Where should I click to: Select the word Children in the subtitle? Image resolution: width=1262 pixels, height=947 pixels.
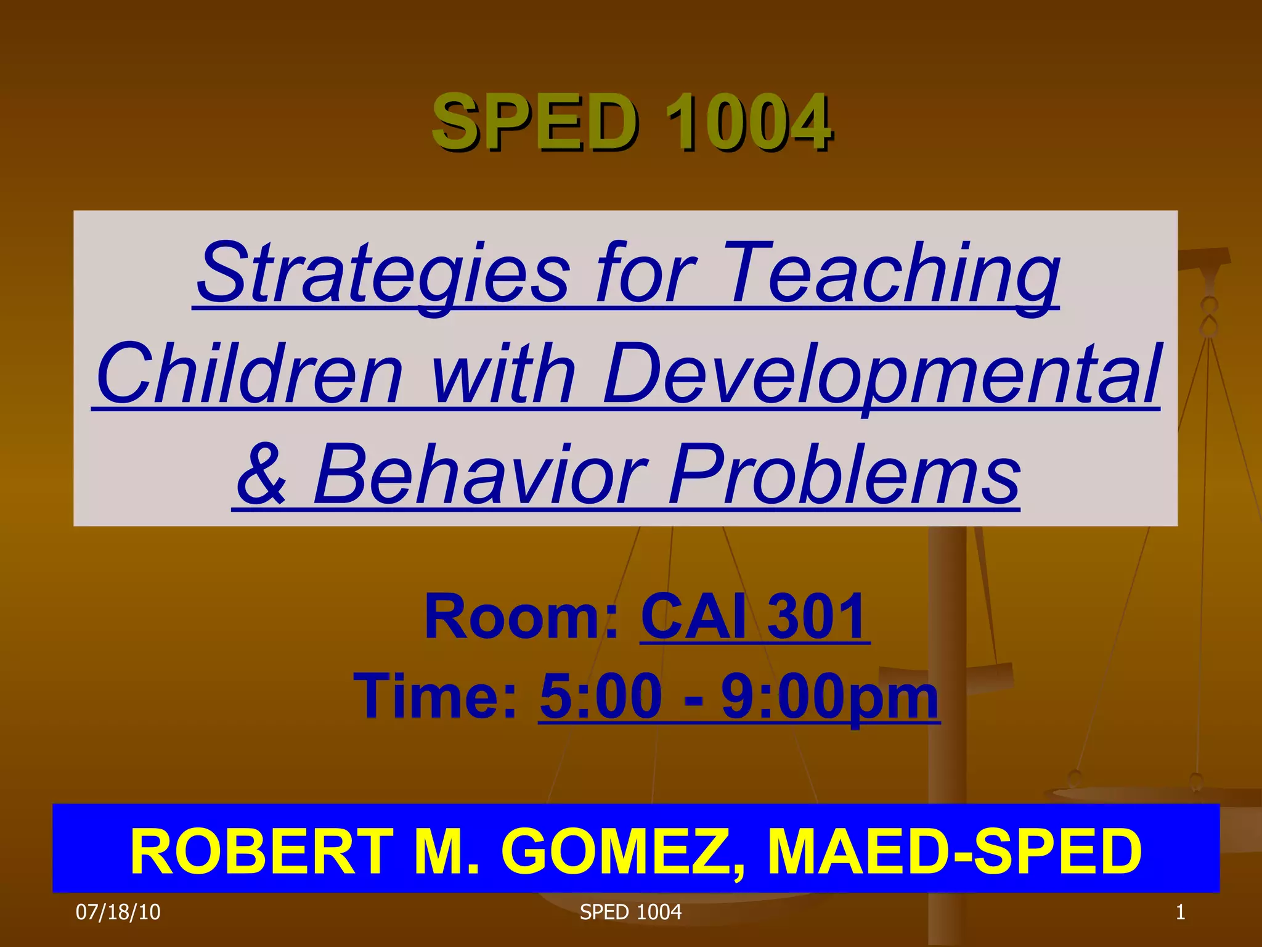pos(249,374)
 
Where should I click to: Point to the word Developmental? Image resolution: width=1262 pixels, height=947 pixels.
pos(881,374)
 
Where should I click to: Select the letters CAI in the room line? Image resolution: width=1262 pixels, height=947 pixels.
pos(693,617)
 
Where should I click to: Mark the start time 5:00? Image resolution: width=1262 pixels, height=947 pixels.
pos(601,697)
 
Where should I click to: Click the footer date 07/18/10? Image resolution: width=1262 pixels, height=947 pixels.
pos(118,912)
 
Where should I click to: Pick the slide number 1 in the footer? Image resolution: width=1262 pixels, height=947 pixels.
pos(1180,912)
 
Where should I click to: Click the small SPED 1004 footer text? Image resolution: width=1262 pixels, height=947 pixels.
pos(630,912)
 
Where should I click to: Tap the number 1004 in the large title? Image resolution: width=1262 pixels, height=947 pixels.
pos(749,121)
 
